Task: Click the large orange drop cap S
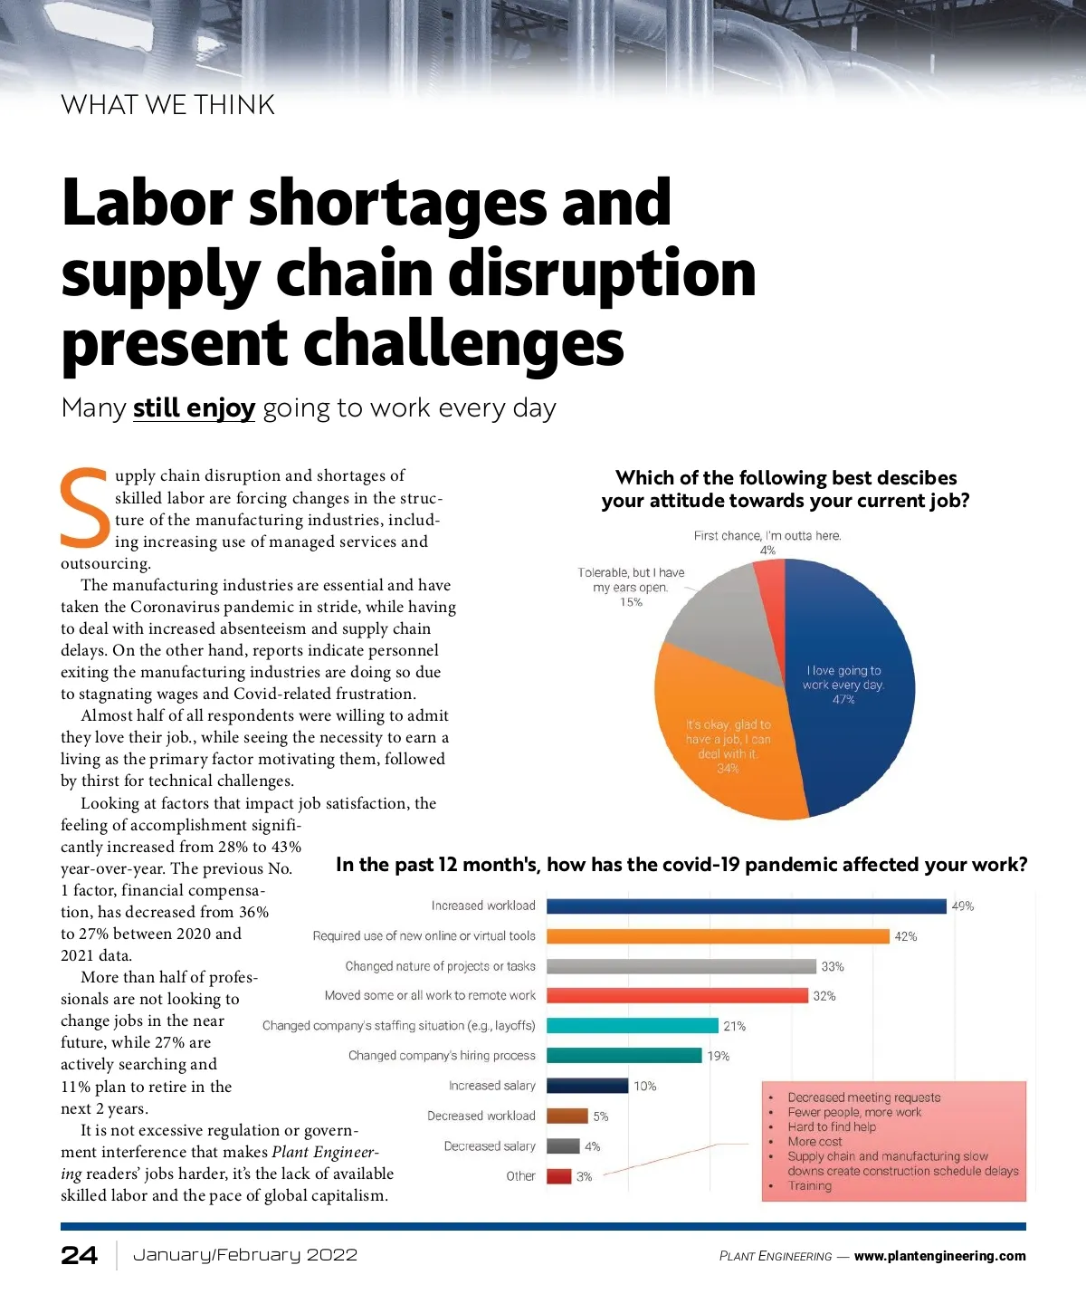pyautogui.click(x=85, y=508)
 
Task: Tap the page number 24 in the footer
pyautogui.click(x=80, y=1255)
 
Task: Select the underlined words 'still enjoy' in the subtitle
pyautogui.click(x=194, y=408)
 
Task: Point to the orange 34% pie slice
pyautogui.click(x=724, y=743)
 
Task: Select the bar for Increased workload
pyautogui.click(x=746, y=906)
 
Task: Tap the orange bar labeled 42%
pyautogui.click(x=718, y=936)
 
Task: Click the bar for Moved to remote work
pyautogui.click(x=677, y=996)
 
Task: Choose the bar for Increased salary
pyautogui.click(x=587, y=1086)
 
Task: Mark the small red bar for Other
pyautogui.click(x=559, y=1176)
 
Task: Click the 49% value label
pyautogui.click(x=963, y=906)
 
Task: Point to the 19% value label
pyautogui.click(x=719, y=1057)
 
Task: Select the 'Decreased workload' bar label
pyautogui.click(x=481, y=1117)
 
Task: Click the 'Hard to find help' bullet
pyautogui.click(x=832, y=1127)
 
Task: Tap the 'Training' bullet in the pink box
pyautogui.click(x=809, y=1186)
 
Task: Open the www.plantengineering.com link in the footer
pyautogui.click(x=939, y=1256)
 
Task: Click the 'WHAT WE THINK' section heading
pyautogui.click(x=168, y=105)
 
